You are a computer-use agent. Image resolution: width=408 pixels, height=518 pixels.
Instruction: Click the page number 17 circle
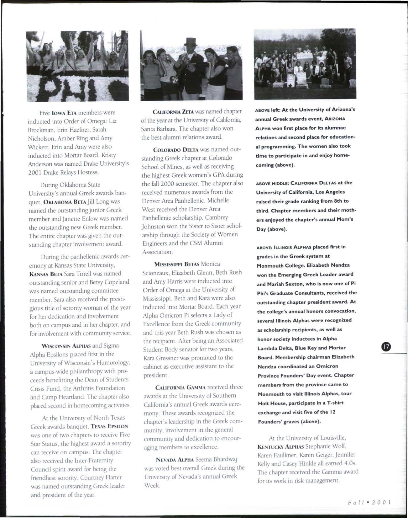tap(385, 347)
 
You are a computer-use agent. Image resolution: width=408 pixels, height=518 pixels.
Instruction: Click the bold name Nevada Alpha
tap(175, 460)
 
